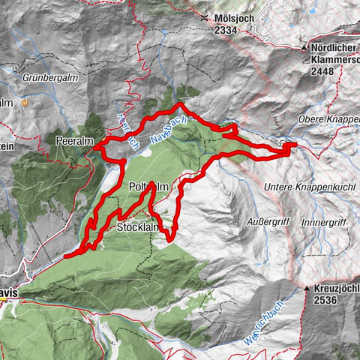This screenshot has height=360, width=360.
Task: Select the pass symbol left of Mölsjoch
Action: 205,16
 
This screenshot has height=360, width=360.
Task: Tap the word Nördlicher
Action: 334,47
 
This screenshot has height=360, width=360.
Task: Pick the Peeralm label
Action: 73,140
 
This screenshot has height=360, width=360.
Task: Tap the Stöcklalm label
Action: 137,226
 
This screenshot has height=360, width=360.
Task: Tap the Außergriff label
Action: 268,221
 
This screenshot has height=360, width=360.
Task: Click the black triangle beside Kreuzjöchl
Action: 307,288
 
